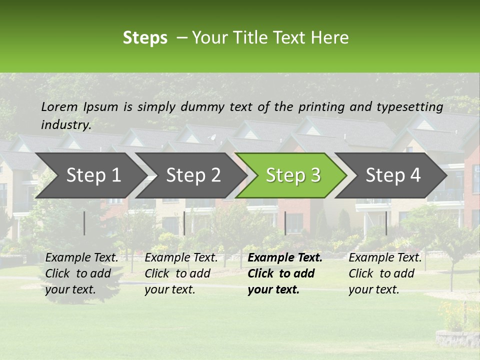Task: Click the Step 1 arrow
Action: tap(93, 175)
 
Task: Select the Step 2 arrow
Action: tap(193, 175)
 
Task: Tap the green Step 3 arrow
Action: tap(293, 175)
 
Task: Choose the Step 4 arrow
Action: tap(393, 175)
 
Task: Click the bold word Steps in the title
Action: tap(145, 38)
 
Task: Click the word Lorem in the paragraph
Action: tap(59, 106)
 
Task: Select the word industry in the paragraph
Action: tap(65, 125)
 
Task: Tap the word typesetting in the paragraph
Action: tap(409, 107)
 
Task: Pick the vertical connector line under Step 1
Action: tap(84, 223)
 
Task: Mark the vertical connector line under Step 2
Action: tap(184, 223)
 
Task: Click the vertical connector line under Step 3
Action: tap(285, 223)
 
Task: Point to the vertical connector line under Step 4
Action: tap(386, 223)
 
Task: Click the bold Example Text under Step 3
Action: tap(285, 258)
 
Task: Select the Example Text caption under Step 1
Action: tap(81, 258)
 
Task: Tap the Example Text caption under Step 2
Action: tap(181, 258)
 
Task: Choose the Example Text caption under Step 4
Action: tap(385, 258)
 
